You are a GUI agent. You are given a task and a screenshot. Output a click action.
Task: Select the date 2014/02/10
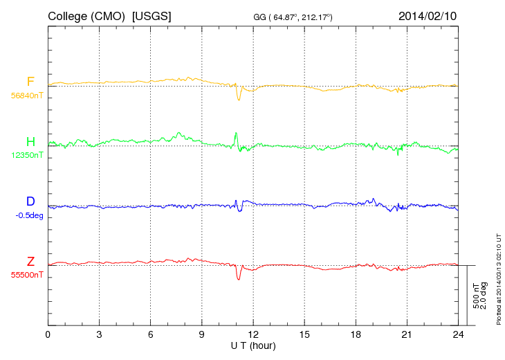[x=428, y=15]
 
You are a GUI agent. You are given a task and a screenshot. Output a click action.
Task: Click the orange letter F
[x=30, y=82]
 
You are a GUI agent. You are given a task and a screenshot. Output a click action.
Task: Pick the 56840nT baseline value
[x=27, y=96]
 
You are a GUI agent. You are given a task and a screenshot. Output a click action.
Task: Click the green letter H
[x=30, y=142]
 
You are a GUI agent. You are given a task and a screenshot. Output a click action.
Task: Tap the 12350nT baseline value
[x=27, y=155]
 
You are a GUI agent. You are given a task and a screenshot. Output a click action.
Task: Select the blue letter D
[x=30, y=201]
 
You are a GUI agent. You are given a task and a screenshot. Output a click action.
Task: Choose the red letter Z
[x=30, y=262]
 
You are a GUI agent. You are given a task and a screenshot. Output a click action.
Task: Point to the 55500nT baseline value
[x=27, y=275]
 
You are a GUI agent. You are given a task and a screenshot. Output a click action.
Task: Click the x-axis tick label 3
[x=99, y=335]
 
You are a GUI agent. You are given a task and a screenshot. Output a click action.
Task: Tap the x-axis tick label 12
[x=253, y=335]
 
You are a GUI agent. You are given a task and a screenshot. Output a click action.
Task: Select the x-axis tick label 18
[x=356, y=335]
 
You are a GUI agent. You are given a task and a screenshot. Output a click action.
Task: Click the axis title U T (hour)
[x=253, y=345]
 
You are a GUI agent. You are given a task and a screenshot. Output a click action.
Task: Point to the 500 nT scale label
[x=476, y=295]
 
